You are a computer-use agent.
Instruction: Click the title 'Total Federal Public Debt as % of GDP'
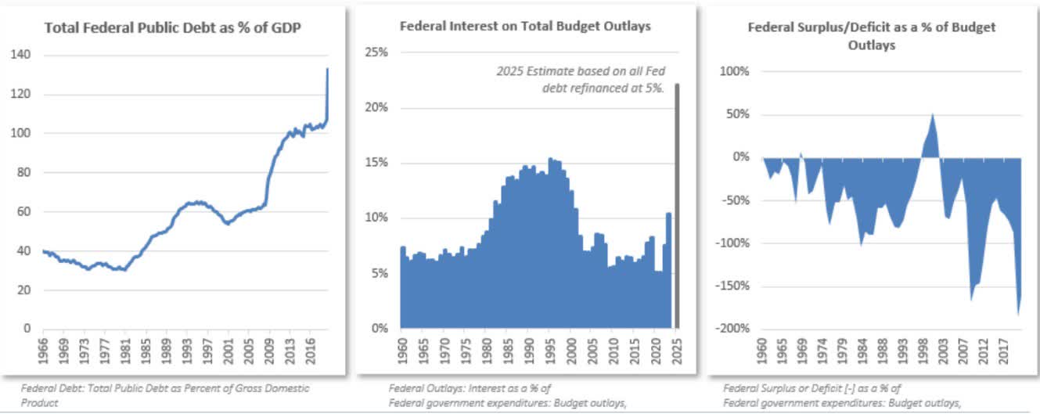(x=173, y=27)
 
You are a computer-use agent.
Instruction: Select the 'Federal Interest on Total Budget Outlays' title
(x=525, y=26)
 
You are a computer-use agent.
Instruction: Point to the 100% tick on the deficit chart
(x=733, y=71)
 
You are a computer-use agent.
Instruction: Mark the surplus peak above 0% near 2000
(x=933, y=117)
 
